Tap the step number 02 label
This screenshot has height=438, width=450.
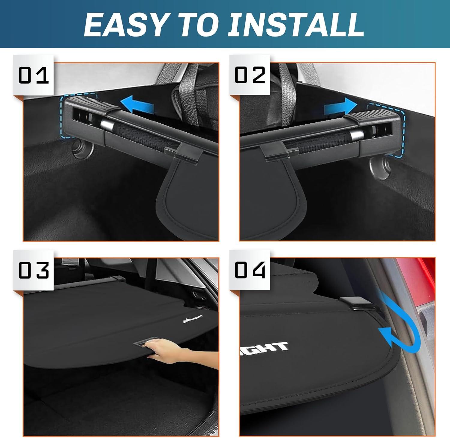click(250, 75)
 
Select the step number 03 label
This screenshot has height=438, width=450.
click(33, 270)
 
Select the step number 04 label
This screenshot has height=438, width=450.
click(250, 270)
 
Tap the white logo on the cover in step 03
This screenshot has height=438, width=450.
click(193, 319)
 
